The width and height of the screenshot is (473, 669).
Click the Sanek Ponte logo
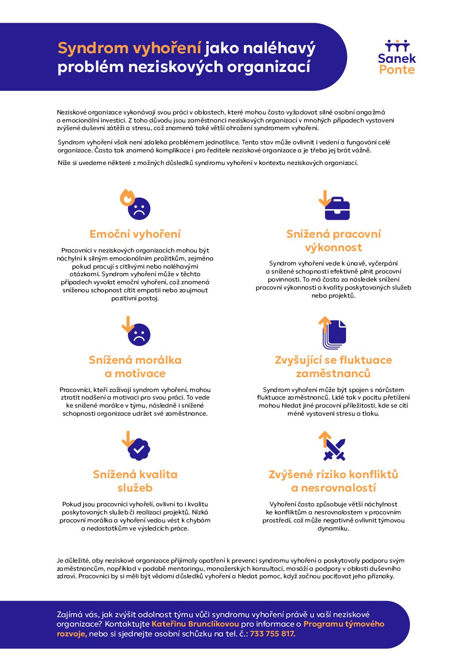tap(397, 57)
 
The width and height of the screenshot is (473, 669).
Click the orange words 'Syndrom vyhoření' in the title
tap(130, 48)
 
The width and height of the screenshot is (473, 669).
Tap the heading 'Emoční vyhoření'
tap(135, 234)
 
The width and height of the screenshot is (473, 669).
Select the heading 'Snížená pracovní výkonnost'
tap(334, 240)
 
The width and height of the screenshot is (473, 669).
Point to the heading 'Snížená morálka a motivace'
tap(135, 366)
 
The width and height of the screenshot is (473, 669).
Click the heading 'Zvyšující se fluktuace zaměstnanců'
tap(334, 366)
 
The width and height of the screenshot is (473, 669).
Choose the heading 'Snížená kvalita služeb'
tap(135, 481)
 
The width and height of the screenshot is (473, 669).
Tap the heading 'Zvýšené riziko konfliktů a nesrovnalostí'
tap(334, 481)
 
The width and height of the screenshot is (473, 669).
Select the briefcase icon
tap(338, 209)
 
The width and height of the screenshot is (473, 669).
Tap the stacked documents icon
tap(335, 334)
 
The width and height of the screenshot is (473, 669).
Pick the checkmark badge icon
tap(139, 449)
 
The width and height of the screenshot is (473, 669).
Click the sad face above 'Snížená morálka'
tap(139, 335)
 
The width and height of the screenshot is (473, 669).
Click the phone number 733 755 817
tap(272, 634)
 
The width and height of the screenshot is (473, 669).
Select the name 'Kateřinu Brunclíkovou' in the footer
tap(195, 624)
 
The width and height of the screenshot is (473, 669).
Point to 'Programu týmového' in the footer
tap(344, 624)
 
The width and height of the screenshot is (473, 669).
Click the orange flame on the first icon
tap(127, 197)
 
